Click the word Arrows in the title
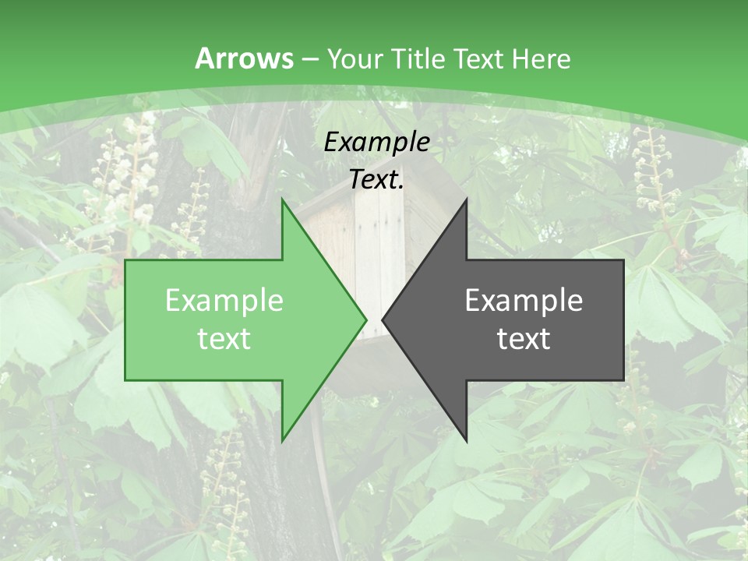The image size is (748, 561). tap(245, 58)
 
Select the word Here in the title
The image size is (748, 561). tap(541, 58)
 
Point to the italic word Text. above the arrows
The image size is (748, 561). tap(376, 180)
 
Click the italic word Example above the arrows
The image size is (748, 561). tap(376, 143)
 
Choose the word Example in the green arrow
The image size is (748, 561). tap(224, 300)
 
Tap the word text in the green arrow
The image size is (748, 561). tap(224, 339)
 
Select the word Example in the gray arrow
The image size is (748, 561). tap(524, 300)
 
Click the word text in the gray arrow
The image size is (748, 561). tap(524, 339)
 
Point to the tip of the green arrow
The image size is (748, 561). tap(366, 319)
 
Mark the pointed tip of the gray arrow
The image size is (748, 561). tap(383, 319)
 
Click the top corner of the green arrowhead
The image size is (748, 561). tap(283, 200)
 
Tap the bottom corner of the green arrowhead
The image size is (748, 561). tap(283, 440)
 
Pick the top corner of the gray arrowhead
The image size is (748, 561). tap(466, 200)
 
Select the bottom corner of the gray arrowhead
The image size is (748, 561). tap(466, 440)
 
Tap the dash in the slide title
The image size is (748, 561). tap(309, 59)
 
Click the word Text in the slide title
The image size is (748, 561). tap(478, 58)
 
